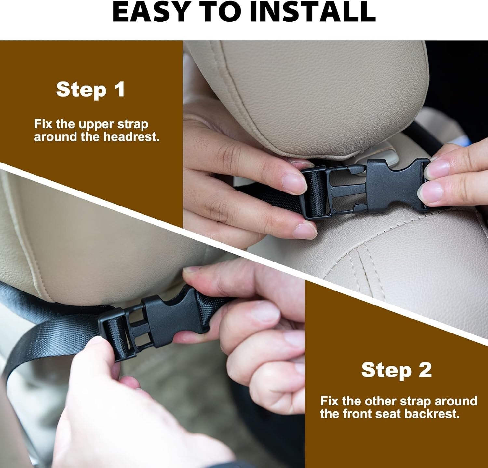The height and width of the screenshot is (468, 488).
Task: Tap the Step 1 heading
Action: [x=90, y=89]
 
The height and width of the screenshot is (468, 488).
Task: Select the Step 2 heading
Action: [x=396, y=370]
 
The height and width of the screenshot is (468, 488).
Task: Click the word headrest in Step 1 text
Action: [x=131, y=137]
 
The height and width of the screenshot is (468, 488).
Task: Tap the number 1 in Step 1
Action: [x=119, y=89]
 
